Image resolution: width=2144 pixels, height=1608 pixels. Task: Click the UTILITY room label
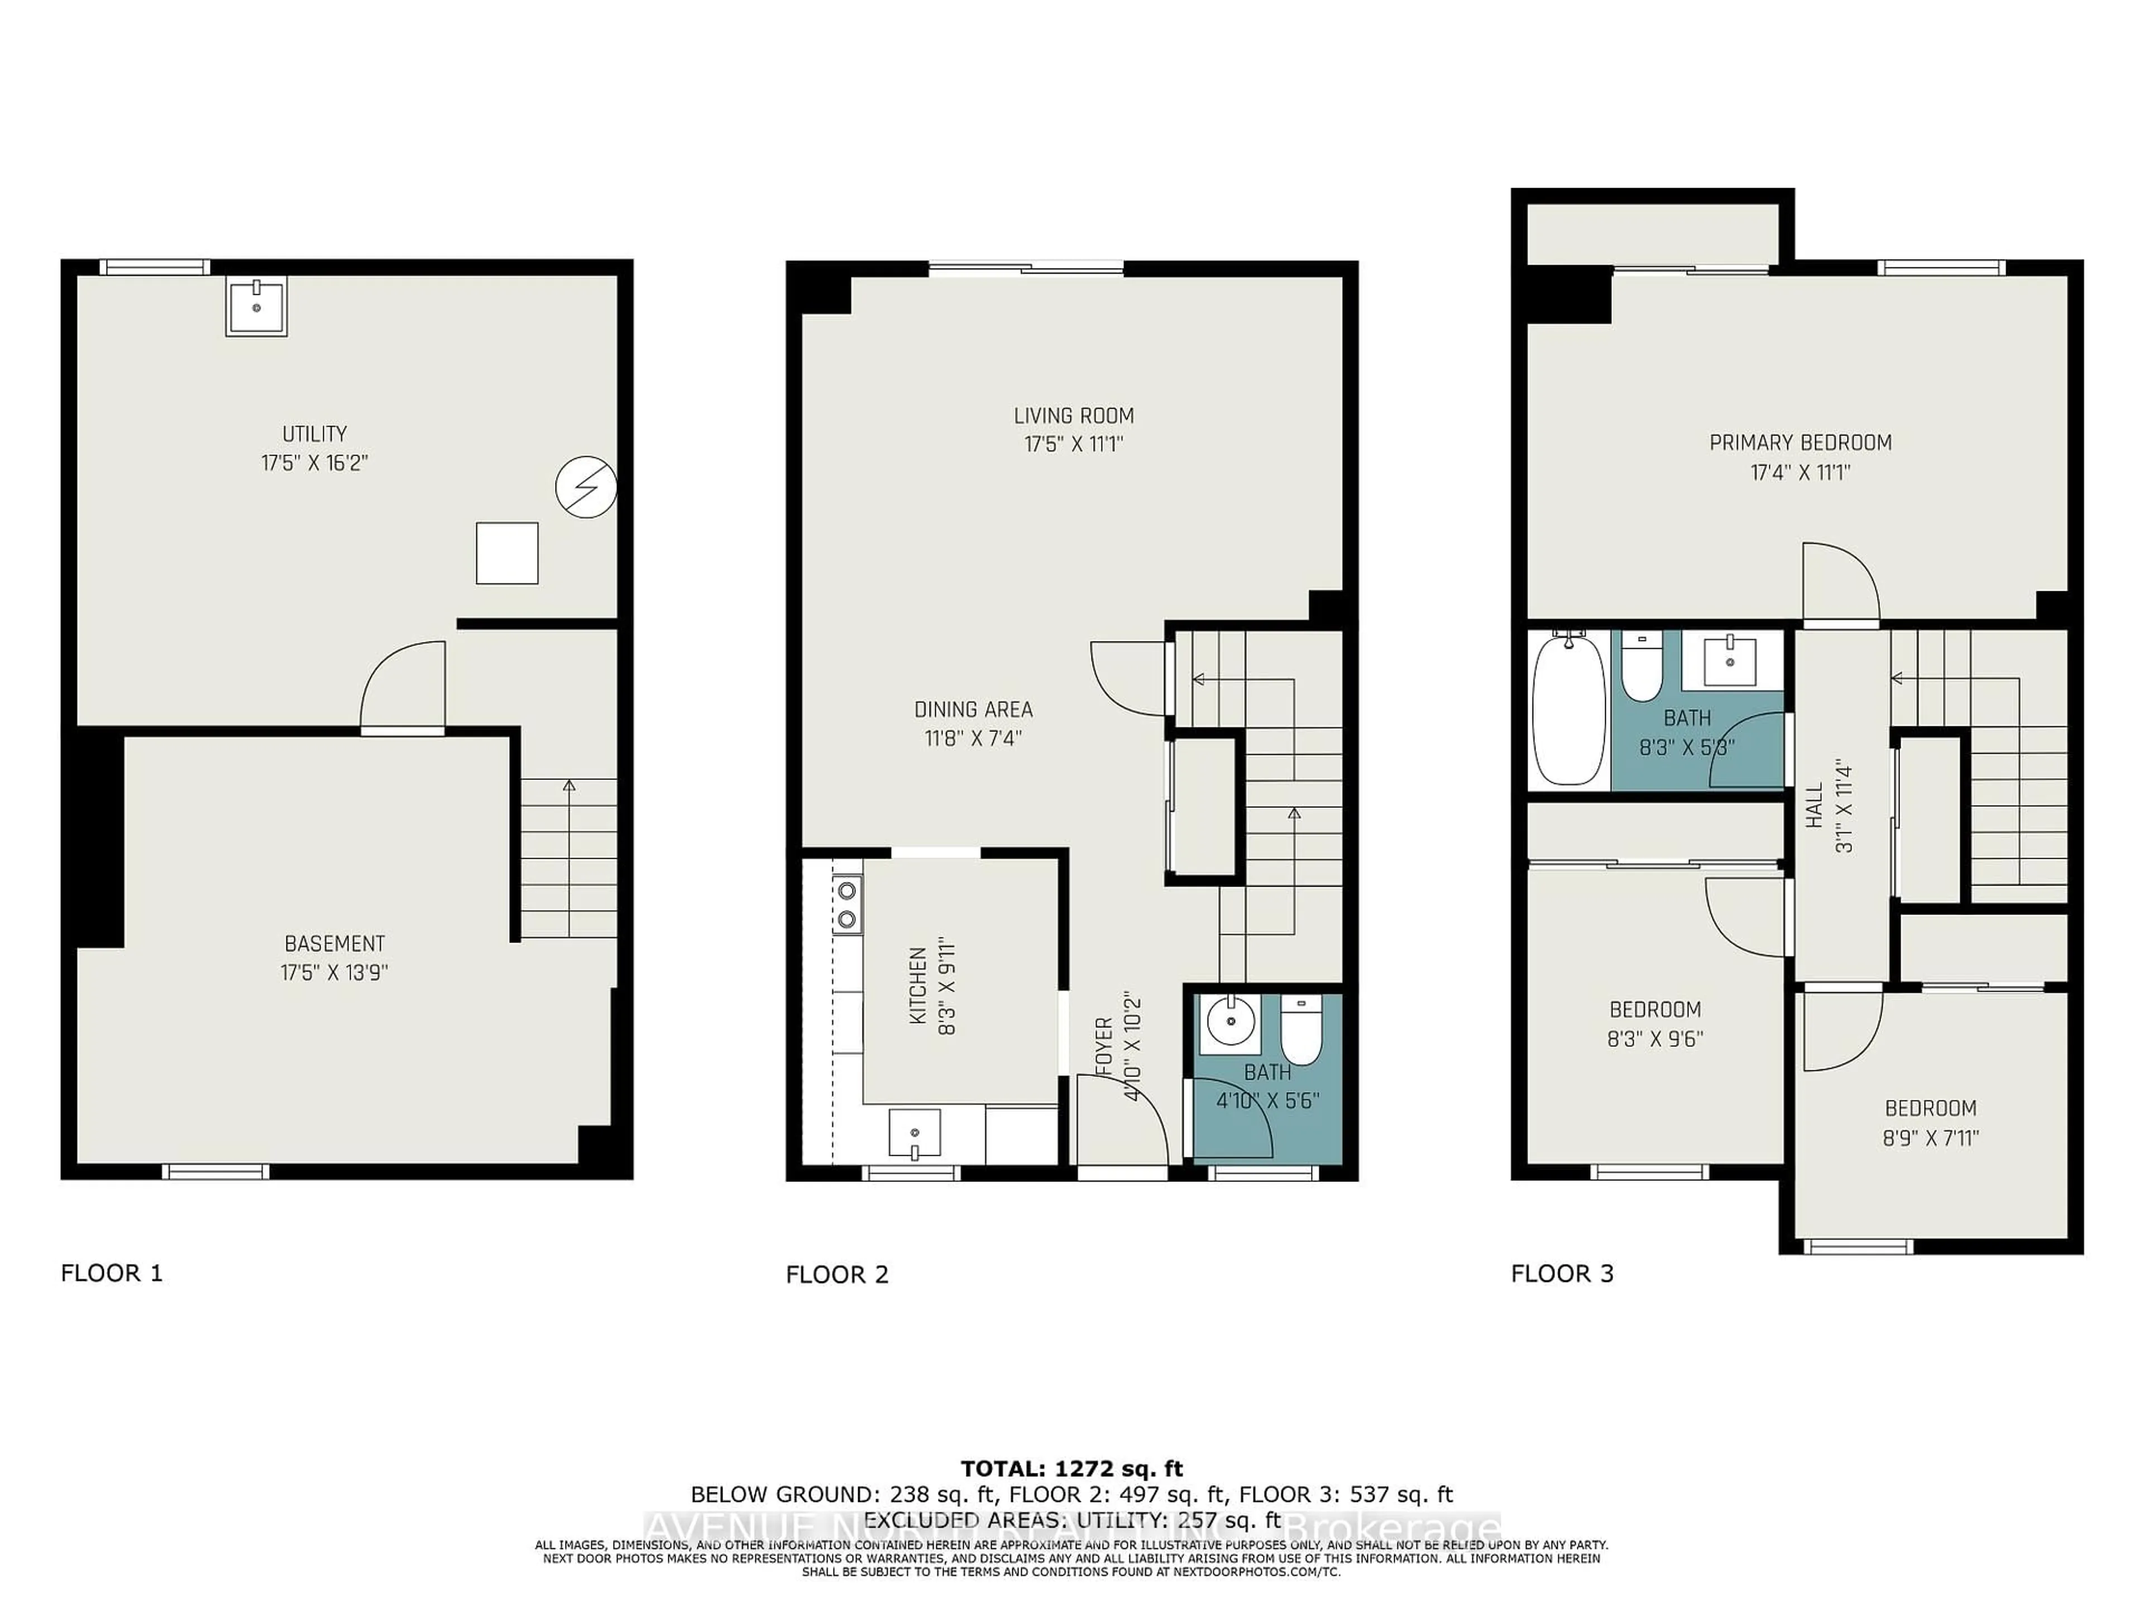click(314, 434)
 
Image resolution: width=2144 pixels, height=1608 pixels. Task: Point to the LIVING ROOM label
click(1073, 416)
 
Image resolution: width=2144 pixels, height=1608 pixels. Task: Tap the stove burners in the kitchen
click(847, 903)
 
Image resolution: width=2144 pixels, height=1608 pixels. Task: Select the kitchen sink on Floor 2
click(914, 1133)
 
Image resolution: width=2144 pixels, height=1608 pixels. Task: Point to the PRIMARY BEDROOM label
click(1800, 443)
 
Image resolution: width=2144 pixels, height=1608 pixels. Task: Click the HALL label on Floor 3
click(1815, 806)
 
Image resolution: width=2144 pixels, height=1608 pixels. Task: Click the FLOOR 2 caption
click(836, 1275)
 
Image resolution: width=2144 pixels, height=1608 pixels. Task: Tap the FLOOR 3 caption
click(1562, 1274)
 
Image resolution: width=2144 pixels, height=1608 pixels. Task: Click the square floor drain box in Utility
click(507, 553)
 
